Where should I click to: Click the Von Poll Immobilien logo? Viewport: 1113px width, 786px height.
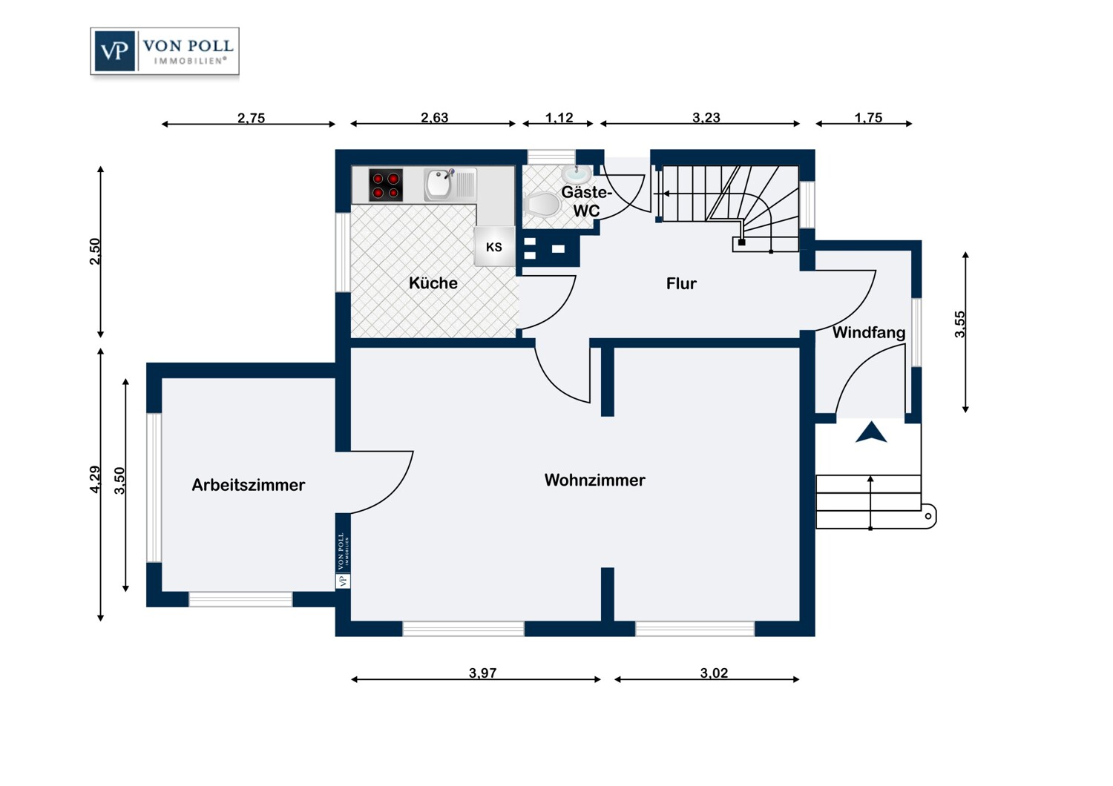(165, 51)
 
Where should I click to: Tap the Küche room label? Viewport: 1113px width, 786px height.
(433, 283)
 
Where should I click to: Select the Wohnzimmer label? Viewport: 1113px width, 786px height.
(595, 480)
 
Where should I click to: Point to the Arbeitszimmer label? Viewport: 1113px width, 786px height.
(249, 485)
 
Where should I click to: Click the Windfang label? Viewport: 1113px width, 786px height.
(869, 332)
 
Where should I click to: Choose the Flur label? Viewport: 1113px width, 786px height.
(681, 283)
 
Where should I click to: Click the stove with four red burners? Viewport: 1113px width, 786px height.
(386, 185)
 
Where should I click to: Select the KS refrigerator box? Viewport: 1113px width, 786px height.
(494, 247)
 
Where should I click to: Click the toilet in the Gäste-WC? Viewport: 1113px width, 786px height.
(542, 205)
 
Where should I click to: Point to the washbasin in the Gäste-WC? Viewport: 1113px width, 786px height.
(577, 174)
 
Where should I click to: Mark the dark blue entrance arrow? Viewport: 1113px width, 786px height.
(871, 432)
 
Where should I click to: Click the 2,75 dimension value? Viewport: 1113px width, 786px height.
(251, 118)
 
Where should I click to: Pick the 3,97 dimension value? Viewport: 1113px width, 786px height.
(482, 673)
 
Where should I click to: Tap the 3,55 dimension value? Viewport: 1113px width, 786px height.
(960, 325)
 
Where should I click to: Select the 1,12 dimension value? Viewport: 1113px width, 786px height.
(559, 118)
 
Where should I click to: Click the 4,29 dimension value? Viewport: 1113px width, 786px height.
(95, 479)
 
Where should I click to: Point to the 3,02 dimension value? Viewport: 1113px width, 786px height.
(714, 673)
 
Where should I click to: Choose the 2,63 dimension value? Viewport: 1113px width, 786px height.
(434, 118)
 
